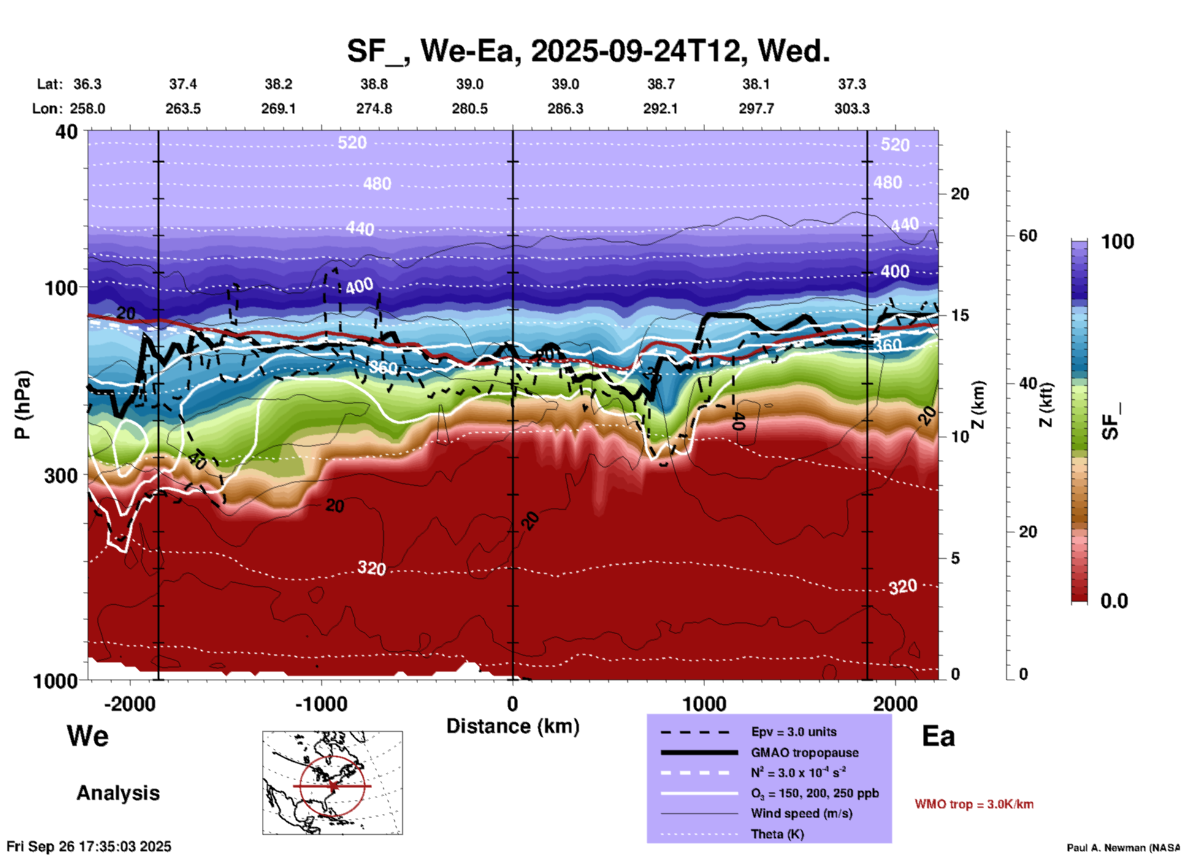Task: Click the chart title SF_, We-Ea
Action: click(x=587, y=51)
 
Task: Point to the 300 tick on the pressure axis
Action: click(x=61, y=475)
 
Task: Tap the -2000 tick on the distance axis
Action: click(x=130, y=704)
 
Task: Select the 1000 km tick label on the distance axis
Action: click(x=704, y=704)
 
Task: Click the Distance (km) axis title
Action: click(x=513, y=726)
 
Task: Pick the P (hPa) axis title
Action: click(x=22, y=405)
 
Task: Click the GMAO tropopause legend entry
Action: click(x=805, y=753)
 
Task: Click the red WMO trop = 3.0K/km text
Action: click(x=974, y=804)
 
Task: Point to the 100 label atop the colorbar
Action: click(x=1117, y=242)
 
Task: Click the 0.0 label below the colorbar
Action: click(x=1114, y=601)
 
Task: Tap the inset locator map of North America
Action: click(x=332, y=783)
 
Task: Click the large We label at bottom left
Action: click(x=88, y=736)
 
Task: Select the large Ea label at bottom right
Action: click(x=938, y=737)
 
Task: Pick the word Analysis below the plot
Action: click(x=118, y=793)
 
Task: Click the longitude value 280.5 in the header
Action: click(x=470, y=109)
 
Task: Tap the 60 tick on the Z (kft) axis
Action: click(x=1028, y=236)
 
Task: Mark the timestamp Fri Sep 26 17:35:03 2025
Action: click(x=89, y=847)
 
